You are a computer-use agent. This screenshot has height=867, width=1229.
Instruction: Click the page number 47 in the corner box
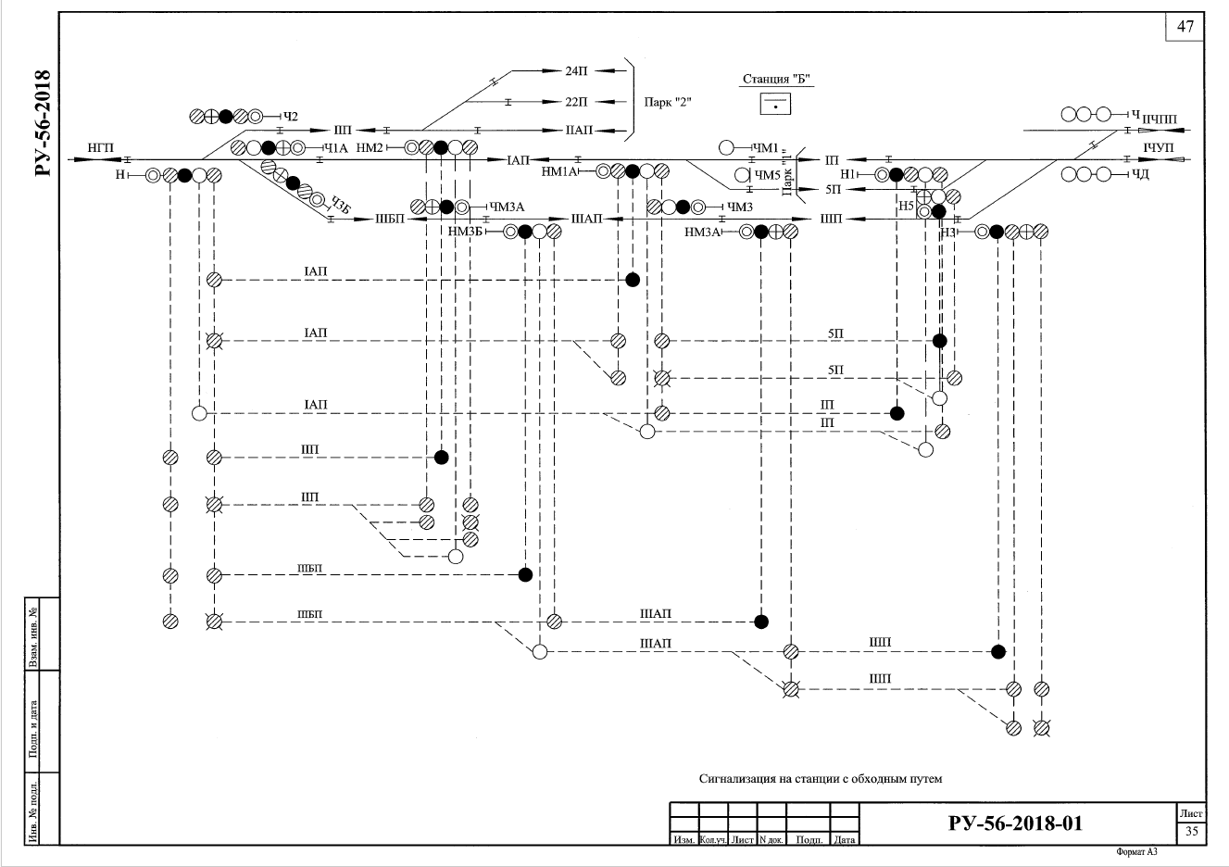tap(1185, 26)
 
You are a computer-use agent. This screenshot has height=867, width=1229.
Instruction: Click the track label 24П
tap(576, 70)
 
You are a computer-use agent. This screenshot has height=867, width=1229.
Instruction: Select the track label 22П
tap(576, 100)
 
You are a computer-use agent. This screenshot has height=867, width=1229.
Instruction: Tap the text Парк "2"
tap(668, 101)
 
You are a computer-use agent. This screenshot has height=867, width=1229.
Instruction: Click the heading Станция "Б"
tap(776, 80)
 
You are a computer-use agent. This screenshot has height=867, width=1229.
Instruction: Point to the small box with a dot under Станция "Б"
tap(776, 104)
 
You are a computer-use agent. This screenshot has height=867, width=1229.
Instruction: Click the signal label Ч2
tap(291, 116)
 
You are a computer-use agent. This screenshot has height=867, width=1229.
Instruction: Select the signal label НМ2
tap(370, 147)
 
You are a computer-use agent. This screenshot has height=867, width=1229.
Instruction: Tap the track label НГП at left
tap(100, 148)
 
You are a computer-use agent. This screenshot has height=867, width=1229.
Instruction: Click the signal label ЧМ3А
tap(507, 207)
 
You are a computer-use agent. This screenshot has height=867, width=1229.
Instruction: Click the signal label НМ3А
tap(702, 232)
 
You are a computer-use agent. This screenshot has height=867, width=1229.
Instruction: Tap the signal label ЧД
tap(1140, 174)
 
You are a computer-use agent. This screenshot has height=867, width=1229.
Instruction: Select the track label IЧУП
tap(1158, 147)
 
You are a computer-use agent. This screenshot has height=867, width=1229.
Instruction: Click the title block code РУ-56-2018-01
tap(1015, 823)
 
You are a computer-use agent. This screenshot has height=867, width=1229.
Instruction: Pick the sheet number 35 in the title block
tap(1192, 831)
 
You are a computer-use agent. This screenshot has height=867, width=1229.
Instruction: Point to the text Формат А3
tap(1137, 851)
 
